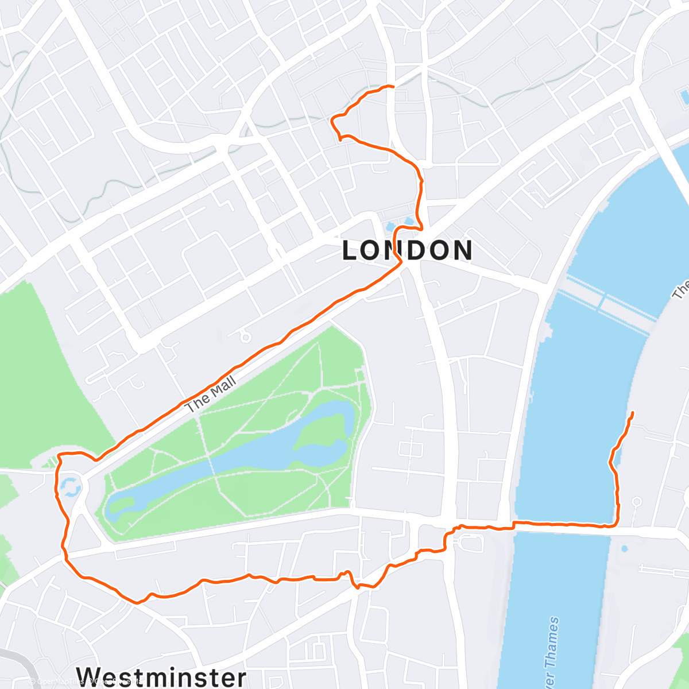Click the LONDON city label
click(408, 250)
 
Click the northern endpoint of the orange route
click(393, 86)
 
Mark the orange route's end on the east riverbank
click(633, 413)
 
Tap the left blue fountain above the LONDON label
click(391, 227)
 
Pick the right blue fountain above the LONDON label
click(409, 221)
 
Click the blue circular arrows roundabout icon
click(70, 486)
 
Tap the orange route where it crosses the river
click(563, 524)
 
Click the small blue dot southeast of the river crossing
click(624, 549)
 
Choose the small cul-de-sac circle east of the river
click(636, 502)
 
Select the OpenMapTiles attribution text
click(86, 682)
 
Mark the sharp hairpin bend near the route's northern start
click(333, 119)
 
